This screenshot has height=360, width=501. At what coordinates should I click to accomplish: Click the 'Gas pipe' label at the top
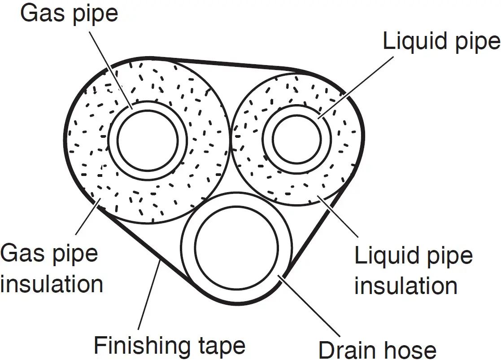[69, 14]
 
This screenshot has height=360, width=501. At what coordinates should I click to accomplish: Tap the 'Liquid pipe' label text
[441, 42]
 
